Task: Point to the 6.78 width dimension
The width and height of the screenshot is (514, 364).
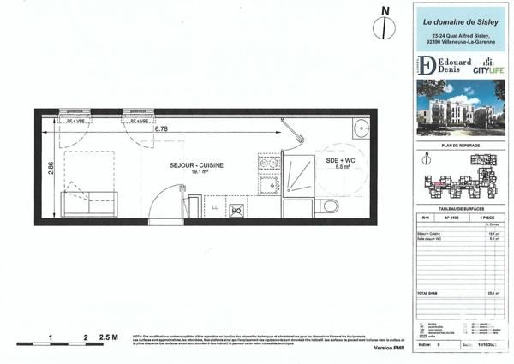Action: pos(161,130)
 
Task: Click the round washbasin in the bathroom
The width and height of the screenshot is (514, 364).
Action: pos(360,129)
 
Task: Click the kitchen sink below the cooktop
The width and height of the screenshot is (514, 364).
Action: pos(269,183)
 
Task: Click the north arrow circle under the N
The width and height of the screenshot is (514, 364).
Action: pos(385,27)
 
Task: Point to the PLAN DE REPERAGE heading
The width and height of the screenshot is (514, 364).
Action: pos(457,147)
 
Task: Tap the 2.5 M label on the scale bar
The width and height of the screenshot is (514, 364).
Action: pos(108,337)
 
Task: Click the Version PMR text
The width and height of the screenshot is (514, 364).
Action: pos(385,349)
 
